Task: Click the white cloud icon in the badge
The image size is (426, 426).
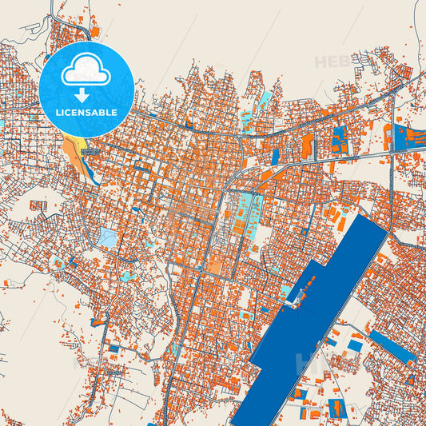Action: click(86, 70)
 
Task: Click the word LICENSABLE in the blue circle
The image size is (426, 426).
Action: click(86, 113)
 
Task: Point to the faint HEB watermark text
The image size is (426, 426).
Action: click(332, 62)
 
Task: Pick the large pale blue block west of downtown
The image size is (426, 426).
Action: click(107, 237)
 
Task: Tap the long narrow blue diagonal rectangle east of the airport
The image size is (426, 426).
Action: click(392, 346)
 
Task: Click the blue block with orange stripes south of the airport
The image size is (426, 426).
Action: click(336, 408)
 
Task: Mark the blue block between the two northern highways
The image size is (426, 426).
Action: click(340, 140)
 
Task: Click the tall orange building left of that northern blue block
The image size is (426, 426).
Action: click(307, 145)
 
